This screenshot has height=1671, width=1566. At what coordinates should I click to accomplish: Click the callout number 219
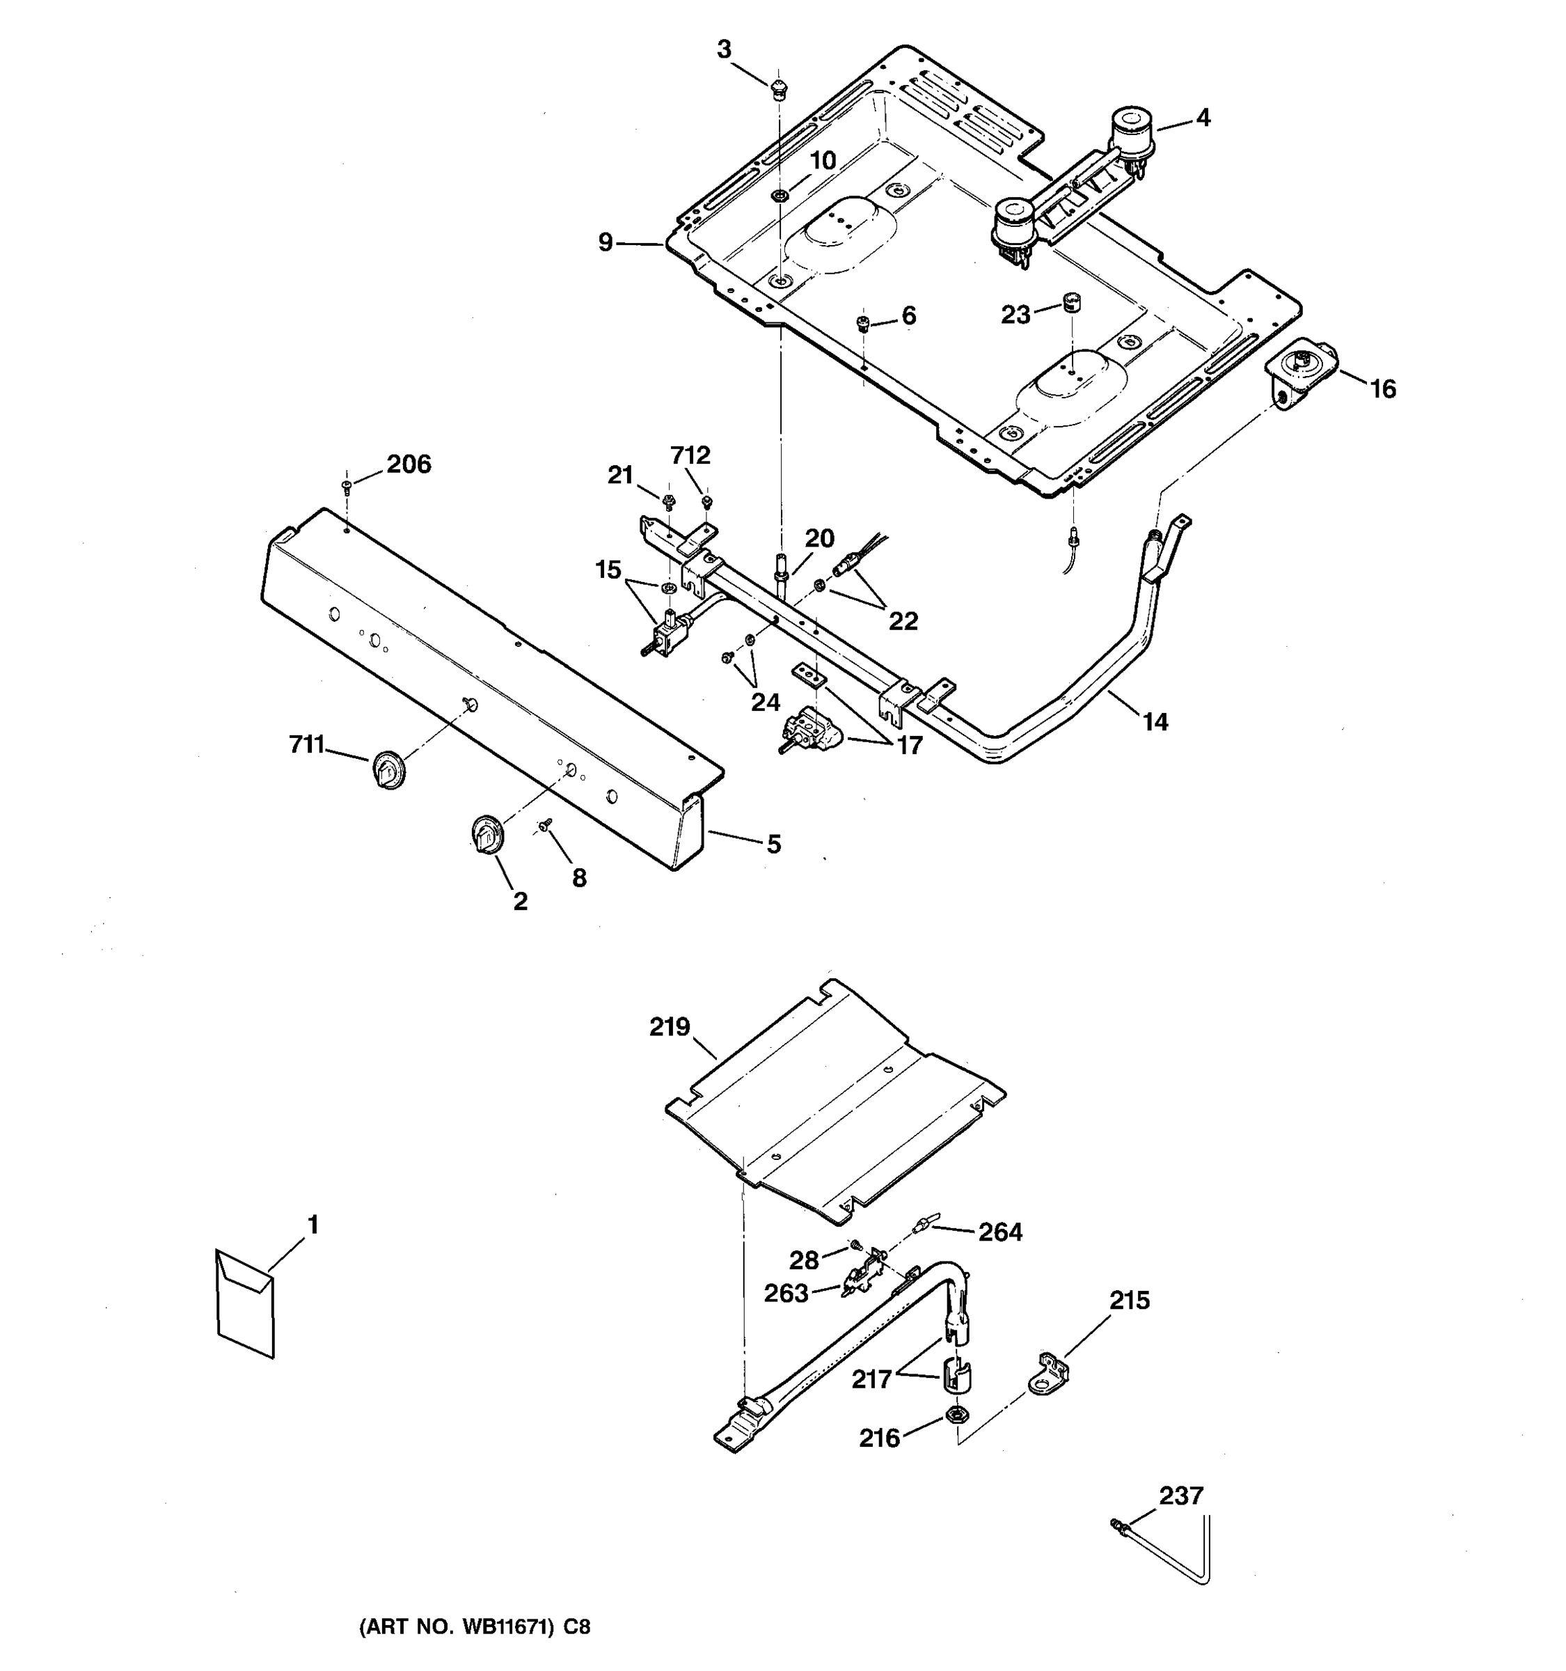click(x=670, y=1027)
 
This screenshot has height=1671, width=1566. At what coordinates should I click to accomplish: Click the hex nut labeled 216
click(x=955, y=1415)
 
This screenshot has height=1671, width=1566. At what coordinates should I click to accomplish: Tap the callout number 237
click(x=1181, y=1496)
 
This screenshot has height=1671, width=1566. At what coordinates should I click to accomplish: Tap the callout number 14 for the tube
click(x=1155, y=721)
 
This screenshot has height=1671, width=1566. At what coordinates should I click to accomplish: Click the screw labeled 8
click(x=545, y=826)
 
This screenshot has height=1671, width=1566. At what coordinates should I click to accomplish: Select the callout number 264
click(x=999, y=1232)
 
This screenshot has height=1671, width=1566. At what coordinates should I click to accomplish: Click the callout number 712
click(x=690, y=455)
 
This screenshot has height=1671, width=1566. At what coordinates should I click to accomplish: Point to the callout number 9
click(x=606, y=243)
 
